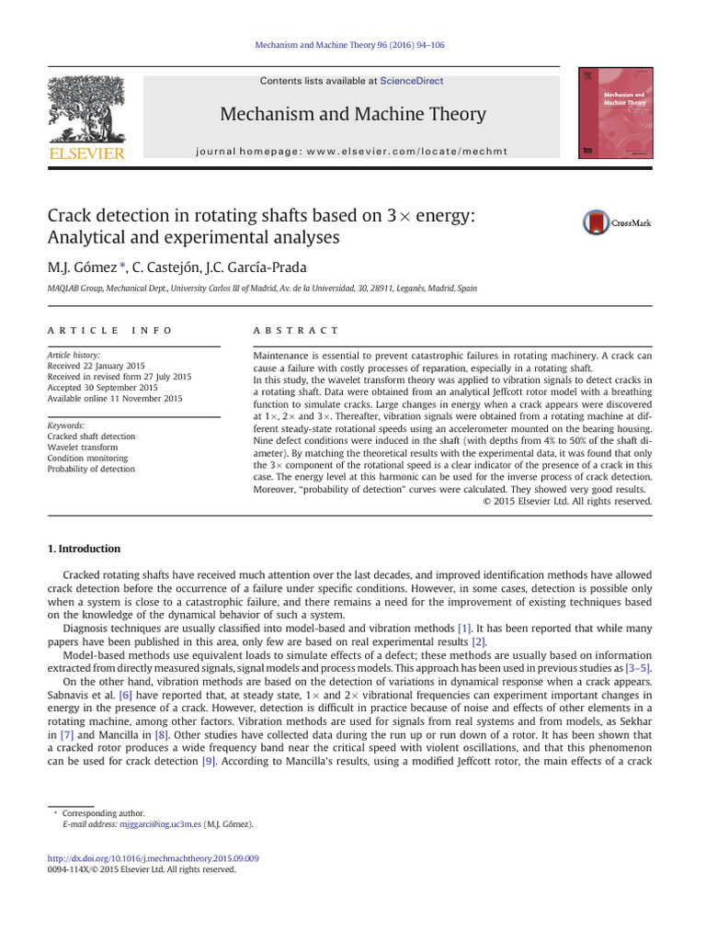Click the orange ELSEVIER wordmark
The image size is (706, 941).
[x=85, y=153]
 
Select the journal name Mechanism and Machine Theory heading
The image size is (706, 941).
[x=353, y=115]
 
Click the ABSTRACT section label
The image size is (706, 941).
[x=295, y=330]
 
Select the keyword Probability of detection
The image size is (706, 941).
[x=91, y=470]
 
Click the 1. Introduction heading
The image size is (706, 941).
[x=84, y=549]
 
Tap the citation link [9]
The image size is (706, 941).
[x=208, y=762]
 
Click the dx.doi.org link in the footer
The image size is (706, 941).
[x=153, y=858]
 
